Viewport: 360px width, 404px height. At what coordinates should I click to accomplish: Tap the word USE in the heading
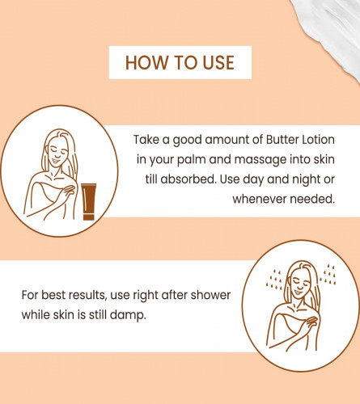click(x=218, y=62)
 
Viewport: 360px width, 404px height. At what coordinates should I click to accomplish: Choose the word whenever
click(x=260, y=199)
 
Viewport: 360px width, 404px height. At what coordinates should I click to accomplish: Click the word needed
click(x=312, y=199)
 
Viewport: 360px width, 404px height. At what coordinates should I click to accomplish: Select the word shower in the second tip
click(x=210, y=295)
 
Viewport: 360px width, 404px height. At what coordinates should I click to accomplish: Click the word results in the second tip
click(x=87, y=295)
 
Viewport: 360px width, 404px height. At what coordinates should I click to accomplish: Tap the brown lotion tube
click(x=88, y=202)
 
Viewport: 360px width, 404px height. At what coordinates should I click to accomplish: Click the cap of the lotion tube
click(x=89, y=217)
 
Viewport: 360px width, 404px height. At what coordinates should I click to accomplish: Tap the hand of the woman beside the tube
click(x=67, y=191)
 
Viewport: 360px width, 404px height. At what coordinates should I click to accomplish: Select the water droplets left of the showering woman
click(x=274, y=280)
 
